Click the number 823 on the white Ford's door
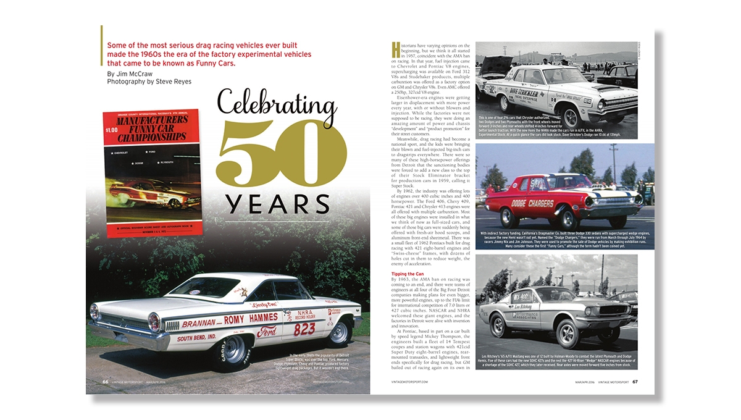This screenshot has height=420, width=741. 304,330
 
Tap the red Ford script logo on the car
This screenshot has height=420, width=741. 267,332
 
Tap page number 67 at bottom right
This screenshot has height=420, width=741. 635,381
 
